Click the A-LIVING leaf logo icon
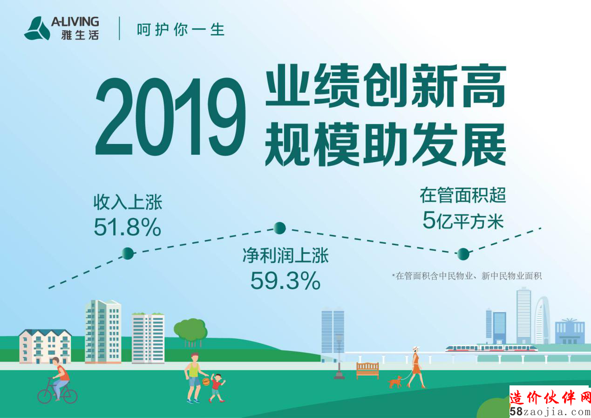(37, 28)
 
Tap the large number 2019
(170, 116)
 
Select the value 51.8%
(128, 227)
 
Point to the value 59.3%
(285, 281)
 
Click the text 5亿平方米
(463, 220)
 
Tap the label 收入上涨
(128, 202)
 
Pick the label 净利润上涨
(285, 255)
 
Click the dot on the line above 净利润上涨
(280, 228)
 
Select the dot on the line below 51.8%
(128, 254)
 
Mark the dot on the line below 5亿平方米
(463, 254)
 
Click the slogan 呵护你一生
(181, 29)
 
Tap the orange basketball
(206, 382)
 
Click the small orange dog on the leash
(395, 382)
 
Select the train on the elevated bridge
(491, 348)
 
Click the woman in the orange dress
(416, 367)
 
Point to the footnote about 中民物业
(467, 276)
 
